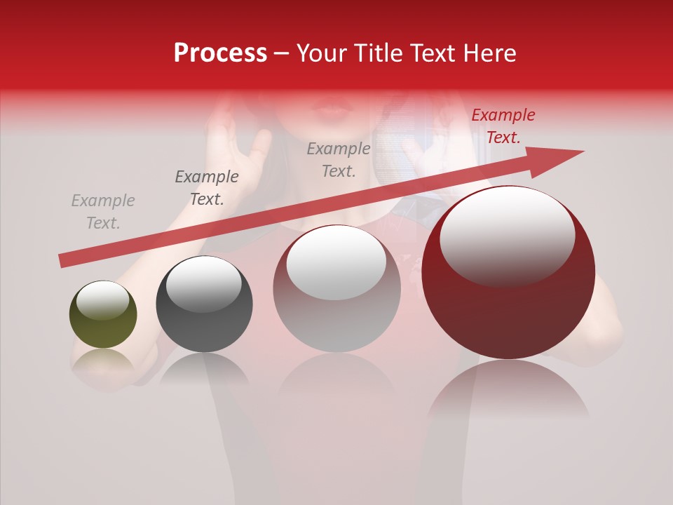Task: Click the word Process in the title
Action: [x=220, y=53]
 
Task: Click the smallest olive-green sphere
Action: [x=103, y=315]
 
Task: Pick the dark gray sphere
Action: [x=204, y=304]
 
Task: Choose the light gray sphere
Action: [x=336, y=288]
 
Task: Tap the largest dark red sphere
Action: [x=508, y=274]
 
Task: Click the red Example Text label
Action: [x=503, y=126]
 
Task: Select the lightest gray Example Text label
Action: [x=103, y=212]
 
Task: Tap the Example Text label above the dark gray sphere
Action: [x=207, y=188]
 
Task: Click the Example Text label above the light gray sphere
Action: [x=339, y=159]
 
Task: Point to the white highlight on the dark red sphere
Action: [x=507, y=236]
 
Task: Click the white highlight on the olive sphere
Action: [x=102, y=301]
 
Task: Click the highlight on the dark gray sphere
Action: [x=203, y=285]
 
